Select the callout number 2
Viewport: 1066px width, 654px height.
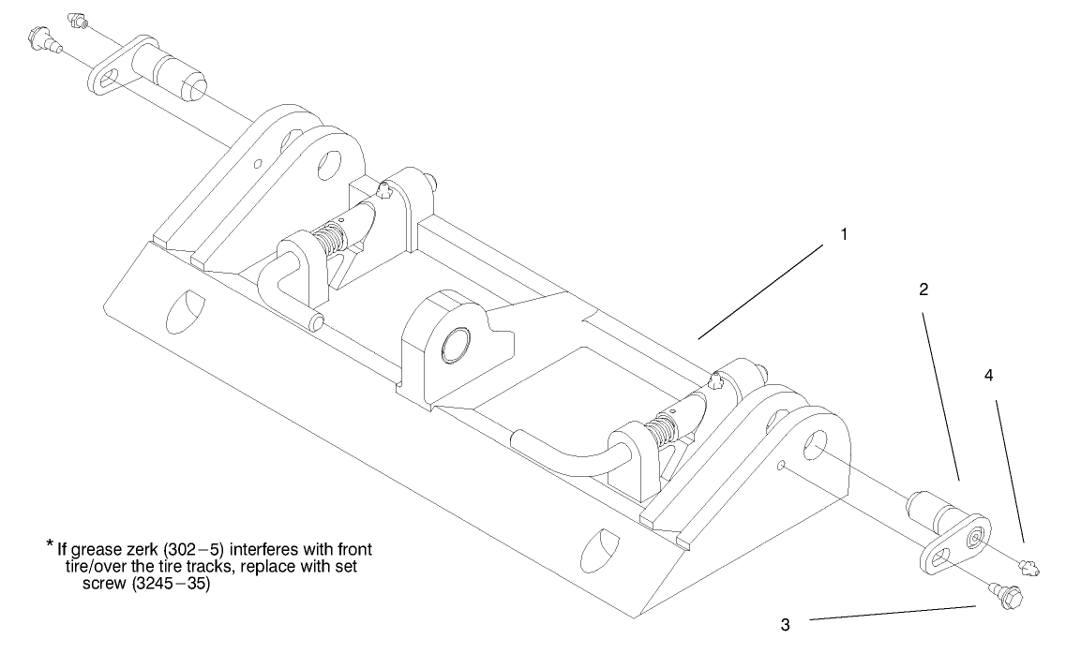923,290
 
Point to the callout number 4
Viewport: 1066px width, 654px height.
988,375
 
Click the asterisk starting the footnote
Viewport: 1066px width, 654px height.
49,544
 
